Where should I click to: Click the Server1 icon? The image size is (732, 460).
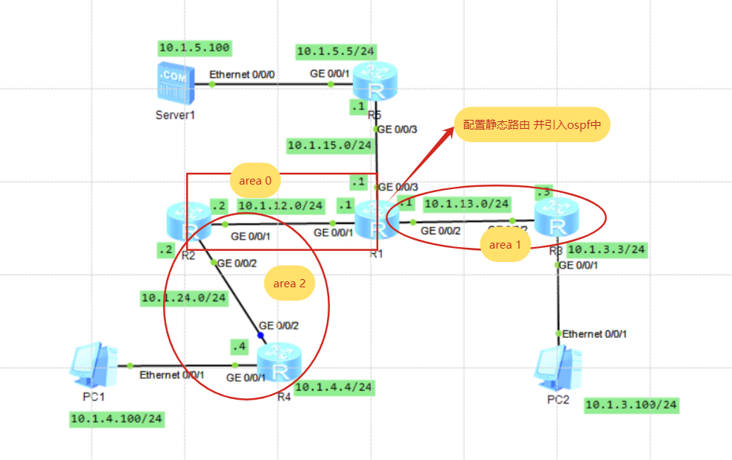click(x=173, y=83)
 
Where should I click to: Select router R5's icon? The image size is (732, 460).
click(x=375, y=82)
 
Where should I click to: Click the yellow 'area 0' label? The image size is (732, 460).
click(x=255, y=180)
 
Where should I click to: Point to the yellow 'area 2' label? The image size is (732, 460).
click(x=289, y=283)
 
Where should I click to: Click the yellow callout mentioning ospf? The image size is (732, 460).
click(x=532, y=126)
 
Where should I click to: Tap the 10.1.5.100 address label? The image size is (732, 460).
click(x=195, y=48)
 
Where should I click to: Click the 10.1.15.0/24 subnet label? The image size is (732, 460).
click(x=330, y=145)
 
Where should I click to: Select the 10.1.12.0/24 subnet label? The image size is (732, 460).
click(x=281, y=205)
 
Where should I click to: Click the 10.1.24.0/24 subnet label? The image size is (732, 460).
click(x=184, y=298)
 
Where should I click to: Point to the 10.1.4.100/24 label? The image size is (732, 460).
click(x=117, y=419)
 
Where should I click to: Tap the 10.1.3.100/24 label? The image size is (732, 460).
click(x=631, y=405)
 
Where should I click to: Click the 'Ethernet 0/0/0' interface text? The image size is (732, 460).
click(x=242, y=75)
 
